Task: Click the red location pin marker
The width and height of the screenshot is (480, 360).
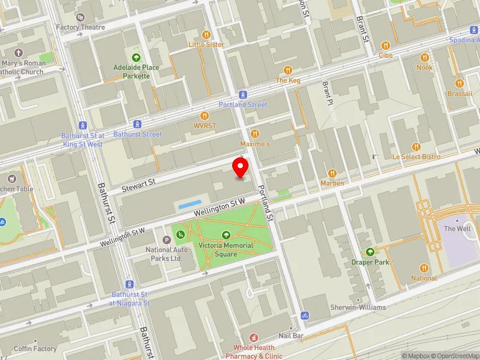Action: point(241,167)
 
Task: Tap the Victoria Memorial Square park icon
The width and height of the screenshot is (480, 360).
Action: point(226,236)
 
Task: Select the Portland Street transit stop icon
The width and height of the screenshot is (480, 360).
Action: point(242,95)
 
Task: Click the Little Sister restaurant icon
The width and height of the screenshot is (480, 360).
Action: point(206,34)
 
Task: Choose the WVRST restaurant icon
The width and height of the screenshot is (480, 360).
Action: point(205,116)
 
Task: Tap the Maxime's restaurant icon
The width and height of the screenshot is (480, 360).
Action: point(255,134)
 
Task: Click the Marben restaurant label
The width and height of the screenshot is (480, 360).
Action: point(332,183)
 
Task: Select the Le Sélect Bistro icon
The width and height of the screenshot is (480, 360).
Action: point(416,146)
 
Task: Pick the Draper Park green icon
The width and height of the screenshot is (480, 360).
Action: point(370,252)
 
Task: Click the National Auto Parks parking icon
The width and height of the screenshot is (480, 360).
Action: point(167,239)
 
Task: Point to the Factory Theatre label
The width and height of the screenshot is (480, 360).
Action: point(80,27)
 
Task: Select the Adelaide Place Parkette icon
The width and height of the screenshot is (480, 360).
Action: point(136,58)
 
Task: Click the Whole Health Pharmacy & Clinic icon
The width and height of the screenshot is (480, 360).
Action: point(254,338)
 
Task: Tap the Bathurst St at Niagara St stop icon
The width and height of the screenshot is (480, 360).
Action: point(129,284)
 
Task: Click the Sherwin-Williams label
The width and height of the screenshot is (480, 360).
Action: point(358,307)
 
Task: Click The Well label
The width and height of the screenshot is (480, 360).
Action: point(457,229)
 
